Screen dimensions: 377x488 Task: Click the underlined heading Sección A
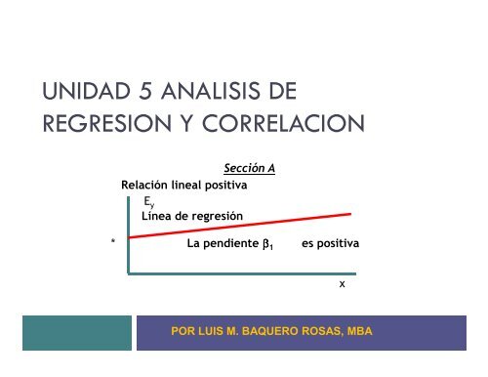point(249,168)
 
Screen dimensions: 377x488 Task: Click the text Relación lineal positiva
point(183,184)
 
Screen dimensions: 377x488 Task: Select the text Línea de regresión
point(192,215)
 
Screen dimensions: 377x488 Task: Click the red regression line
point(244,225)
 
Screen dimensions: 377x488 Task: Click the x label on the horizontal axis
point(342,285)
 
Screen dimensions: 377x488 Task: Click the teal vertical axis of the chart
point(128,234)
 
